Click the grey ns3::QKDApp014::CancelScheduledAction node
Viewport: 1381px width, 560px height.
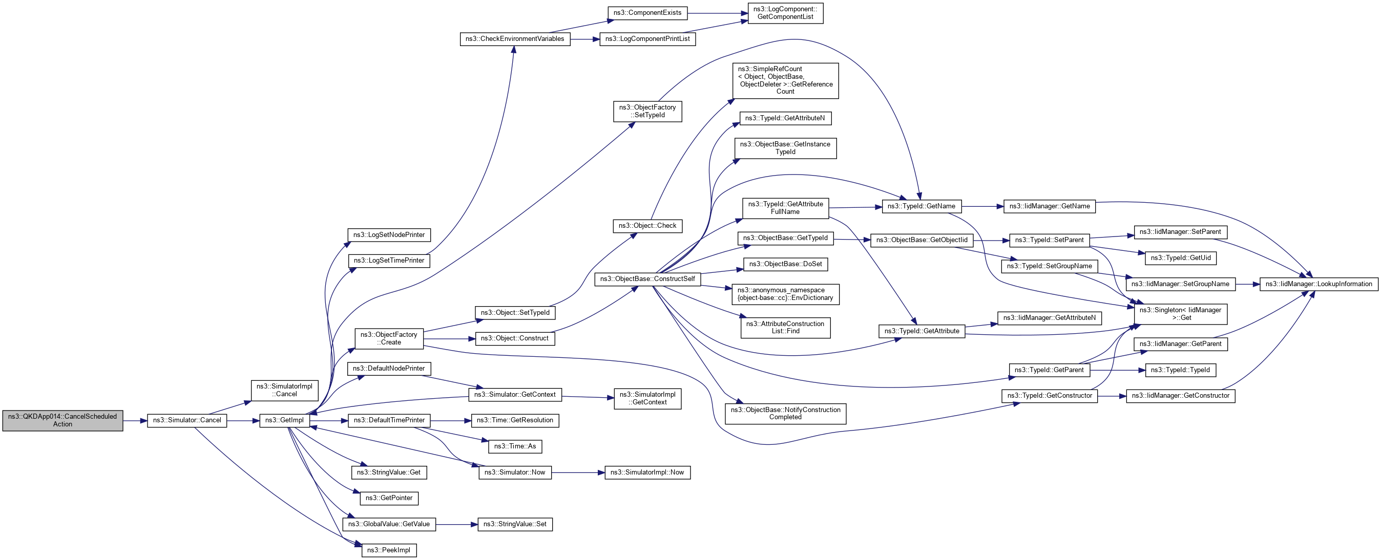coord(62,420)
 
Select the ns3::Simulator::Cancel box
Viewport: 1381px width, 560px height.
coord(186,420)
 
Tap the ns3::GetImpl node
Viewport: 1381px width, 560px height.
coord(284,420)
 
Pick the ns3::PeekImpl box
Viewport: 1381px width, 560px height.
coord(389,550)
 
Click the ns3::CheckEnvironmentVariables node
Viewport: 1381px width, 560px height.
coord(515,39)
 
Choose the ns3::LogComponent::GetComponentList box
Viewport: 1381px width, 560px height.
coord(785,13)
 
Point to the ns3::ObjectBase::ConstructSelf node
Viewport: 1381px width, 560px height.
coord(647,278)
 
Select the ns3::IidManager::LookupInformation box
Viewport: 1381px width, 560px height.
coord(1319,284)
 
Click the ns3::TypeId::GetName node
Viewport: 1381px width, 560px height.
coord(921,206)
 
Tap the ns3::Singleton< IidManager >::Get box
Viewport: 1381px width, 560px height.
coord(1180,314)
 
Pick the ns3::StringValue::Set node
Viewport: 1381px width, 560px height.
coord(515,524)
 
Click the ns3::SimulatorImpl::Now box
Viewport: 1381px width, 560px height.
coord(647,472)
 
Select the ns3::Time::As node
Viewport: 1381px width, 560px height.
coord(515,446)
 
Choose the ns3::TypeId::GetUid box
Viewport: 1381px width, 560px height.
coord(1181,258)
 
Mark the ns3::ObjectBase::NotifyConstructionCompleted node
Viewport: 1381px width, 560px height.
coord(785,413)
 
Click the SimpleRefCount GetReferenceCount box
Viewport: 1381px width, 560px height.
coord(785,80)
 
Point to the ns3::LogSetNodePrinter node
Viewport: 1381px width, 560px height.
coord(389,235)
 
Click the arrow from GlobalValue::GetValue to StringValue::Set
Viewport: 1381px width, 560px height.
coord(456,524)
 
